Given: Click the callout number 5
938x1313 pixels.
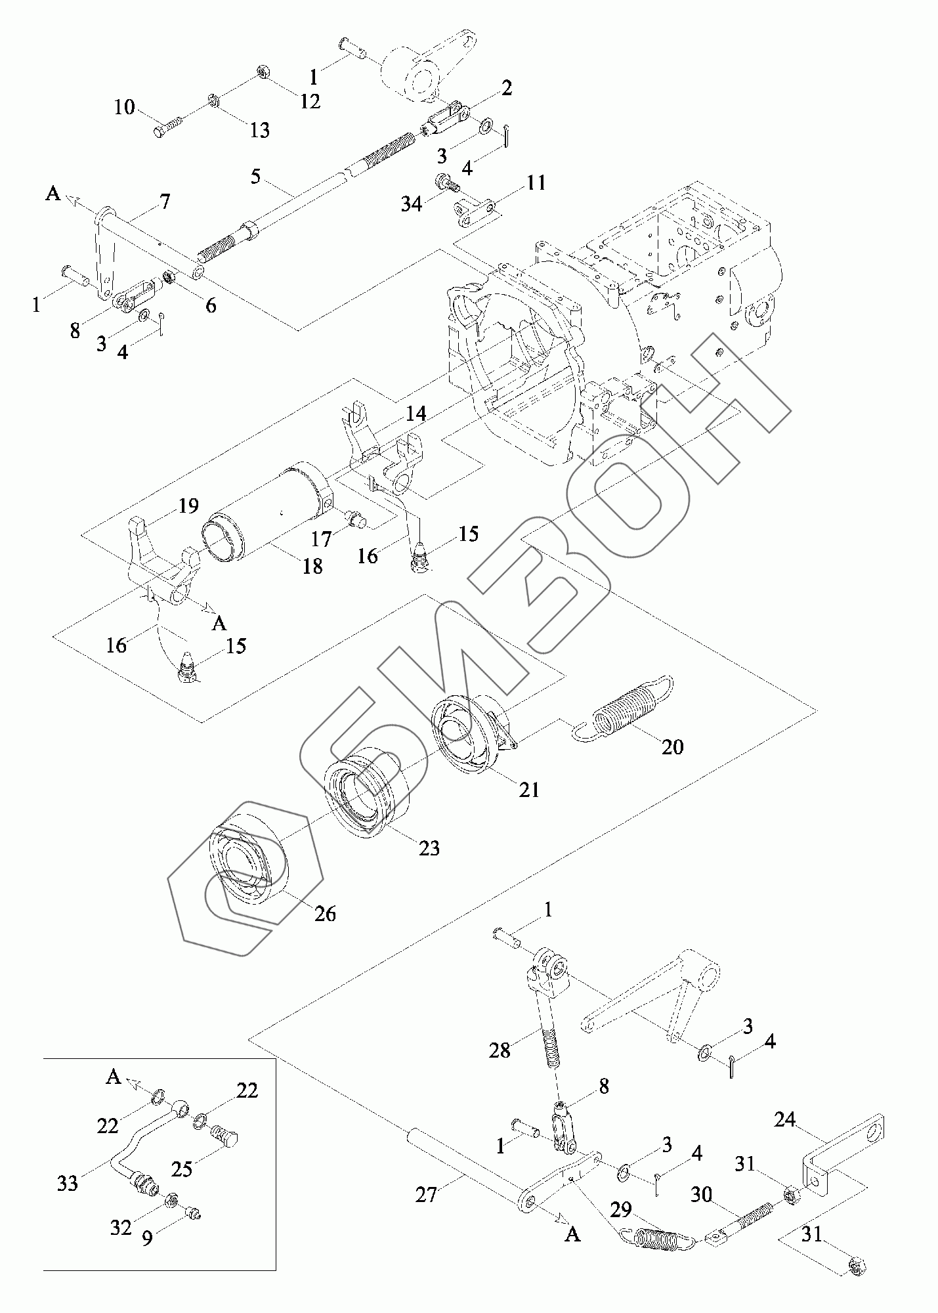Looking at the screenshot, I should point(255,176).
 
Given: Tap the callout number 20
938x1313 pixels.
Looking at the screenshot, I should point(672,746).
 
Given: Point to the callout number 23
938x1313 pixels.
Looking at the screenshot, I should point(429,848).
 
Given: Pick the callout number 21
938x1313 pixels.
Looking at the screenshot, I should point(528,789).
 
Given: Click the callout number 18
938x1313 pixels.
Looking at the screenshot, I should point(312,566).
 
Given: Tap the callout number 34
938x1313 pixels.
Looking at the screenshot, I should point(412,204).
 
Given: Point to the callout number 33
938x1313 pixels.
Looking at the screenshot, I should point(68,1183).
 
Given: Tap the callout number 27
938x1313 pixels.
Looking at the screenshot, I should point(426,1194).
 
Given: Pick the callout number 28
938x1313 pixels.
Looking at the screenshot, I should point(500,1069).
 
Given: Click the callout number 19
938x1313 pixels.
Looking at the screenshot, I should point(188,506).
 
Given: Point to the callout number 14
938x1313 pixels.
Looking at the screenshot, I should point(416,414).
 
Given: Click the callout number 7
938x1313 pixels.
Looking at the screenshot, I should point(164,201).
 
